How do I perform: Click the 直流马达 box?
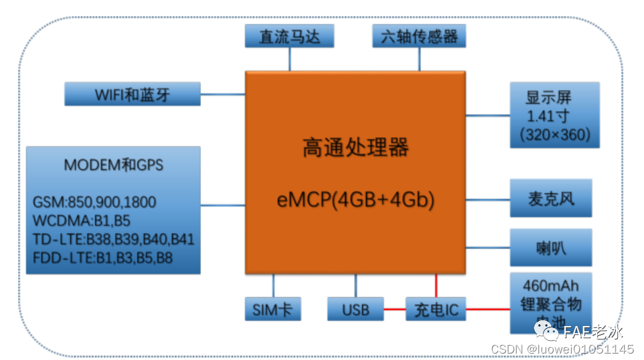289,37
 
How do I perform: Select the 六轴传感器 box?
419,37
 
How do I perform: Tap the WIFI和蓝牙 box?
133,95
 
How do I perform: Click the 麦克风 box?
551,199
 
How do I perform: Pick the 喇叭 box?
551,248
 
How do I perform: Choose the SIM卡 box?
272,309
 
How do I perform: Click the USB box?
355,310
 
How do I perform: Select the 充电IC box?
436,310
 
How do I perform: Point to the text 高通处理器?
355,149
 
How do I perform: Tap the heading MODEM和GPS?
113,165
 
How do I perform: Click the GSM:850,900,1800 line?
94,202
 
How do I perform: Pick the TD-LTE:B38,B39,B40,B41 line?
113,240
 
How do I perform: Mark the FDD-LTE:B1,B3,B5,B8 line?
102,258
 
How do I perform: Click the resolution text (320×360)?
555,135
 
